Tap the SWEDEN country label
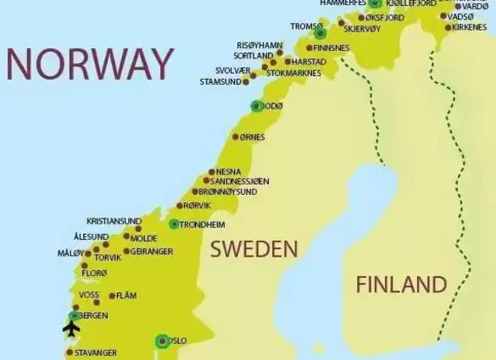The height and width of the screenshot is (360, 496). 254,249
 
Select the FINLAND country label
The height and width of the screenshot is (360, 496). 400,284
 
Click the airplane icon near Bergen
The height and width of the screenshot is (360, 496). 71,329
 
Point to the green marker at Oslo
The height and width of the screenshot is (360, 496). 162,341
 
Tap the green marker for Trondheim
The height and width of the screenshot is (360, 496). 174,224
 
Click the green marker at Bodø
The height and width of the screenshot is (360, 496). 256,106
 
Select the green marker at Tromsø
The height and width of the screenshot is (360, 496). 320,34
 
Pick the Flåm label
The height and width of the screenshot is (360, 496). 126,296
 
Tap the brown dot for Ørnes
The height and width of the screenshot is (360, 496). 236,136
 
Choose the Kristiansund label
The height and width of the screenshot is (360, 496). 114,221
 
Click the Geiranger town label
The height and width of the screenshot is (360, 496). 153,252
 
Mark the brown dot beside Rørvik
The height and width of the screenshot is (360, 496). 181,206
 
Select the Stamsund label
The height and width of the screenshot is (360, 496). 220,82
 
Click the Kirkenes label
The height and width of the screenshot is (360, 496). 470,27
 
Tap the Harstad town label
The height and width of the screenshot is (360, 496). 309,61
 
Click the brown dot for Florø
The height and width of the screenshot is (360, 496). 80,273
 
